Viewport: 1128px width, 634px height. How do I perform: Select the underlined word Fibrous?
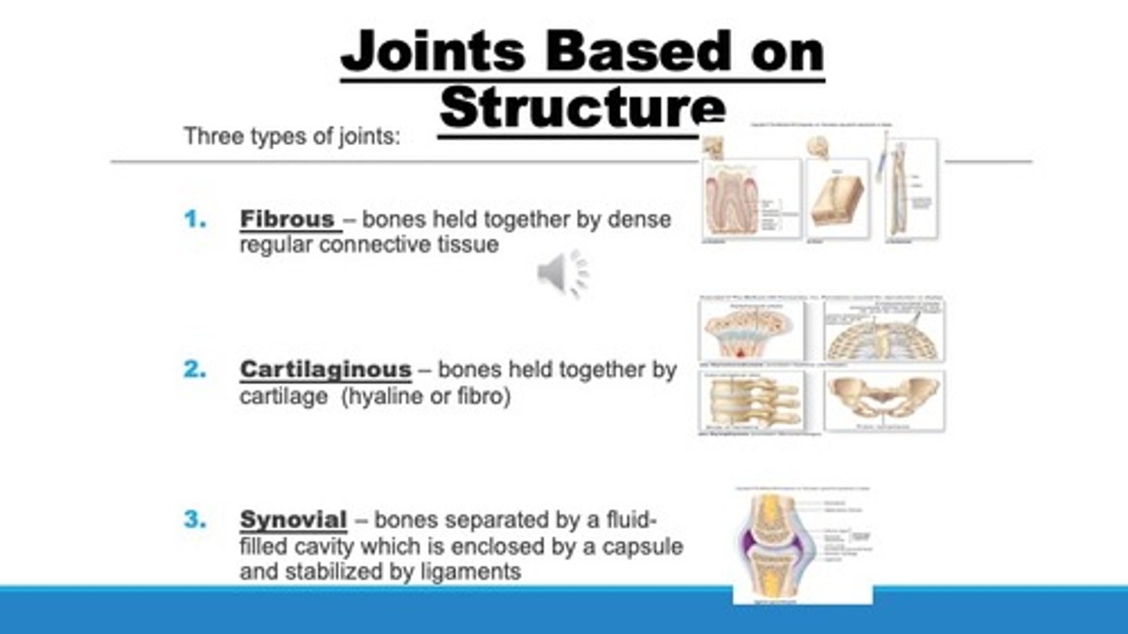290,219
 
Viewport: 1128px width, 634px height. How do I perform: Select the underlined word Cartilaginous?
325,369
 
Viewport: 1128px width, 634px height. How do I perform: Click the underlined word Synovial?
293,520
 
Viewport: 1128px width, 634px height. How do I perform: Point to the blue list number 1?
195,219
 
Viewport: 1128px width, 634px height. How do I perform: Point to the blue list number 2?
195,369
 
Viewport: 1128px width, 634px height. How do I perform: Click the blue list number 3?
195,520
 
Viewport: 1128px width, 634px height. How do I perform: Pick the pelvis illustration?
884,398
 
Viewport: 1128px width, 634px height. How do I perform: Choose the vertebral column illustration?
751,400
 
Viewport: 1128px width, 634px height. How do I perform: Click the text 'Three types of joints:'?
292,136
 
